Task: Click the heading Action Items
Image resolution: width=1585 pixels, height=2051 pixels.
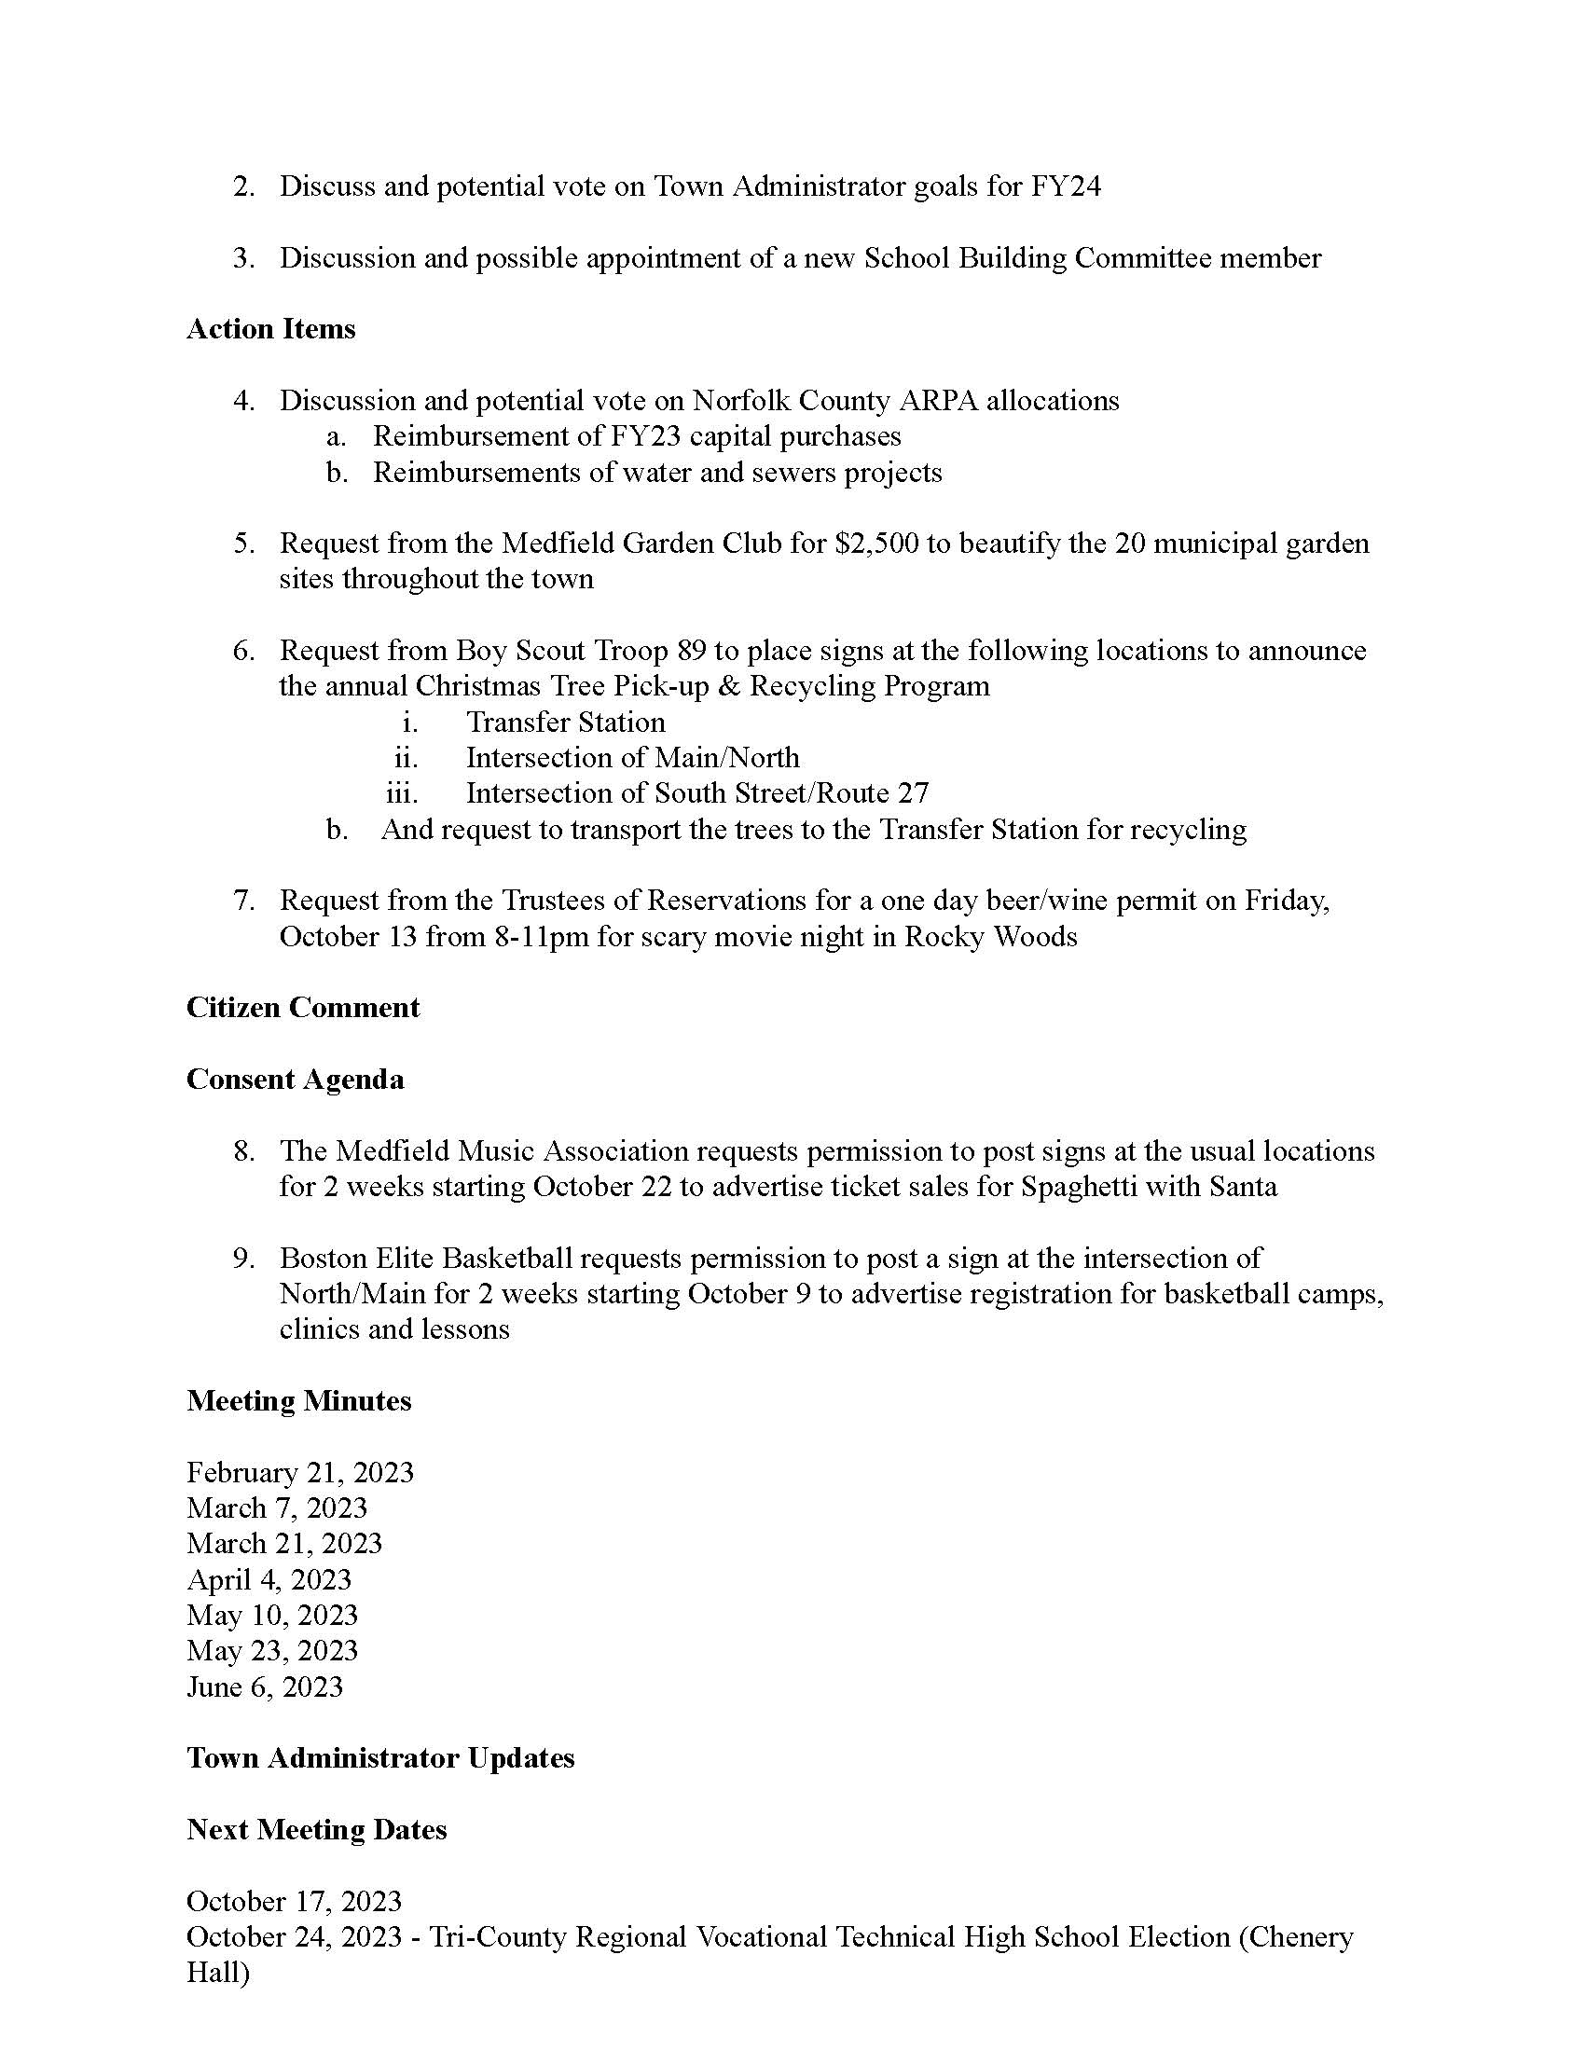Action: pyautogui.click(x=270, y=330)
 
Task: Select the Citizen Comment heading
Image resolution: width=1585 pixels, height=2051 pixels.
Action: pyautogui.click(x=302, y=1008)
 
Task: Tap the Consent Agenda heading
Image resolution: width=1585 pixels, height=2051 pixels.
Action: pyautogui.click(x=295, y=1080)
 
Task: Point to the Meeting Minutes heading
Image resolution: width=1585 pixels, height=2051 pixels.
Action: pyautogui.click(x=298, y=1401)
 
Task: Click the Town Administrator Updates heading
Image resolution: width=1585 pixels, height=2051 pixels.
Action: pyautogui.click(x=380, y=1758)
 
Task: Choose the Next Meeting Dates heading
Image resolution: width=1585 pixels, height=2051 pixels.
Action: pyautogui.click(x=316, y=1829)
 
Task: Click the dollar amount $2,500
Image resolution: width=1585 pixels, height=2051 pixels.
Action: pyautogui.click(x=876, y=544)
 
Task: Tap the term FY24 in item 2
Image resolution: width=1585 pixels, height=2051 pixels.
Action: pyautogui.click(x=1066, y=186)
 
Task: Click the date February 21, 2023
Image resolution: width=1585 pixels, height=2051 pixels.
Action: pyautogui.click(x=299, y=1472)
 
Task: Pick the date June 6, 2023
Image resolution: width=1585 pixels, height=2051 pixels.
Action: pyautogui.click(x=265, y=1686)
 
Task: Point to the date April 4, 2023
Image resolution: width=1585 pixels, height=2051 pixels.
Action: pyautogui.click(x=269, y=1579)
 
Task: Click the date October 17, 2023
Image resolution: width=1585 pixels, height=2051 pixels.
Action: pyautogui.click(x=294, y=1902)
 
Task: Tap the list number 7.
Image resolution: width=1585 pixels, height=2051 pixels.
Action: pyautogui.click(x=243, y=901)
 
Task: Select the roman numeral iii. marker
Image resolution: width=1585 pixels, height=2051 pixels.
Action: pyautogui.click(x=402, y=793)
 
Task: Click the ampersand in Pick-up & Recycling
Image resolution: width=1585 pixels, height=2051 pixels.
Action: pyautogui.click(x=729, y=686)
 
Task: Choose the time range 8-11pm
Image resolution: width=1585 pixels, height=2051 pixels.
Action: pyautogui.click(x=542, y=937)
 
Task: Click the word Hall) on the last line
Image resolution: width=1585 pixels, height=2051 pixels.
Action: pyautogui.click(x=218, y=1973)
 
